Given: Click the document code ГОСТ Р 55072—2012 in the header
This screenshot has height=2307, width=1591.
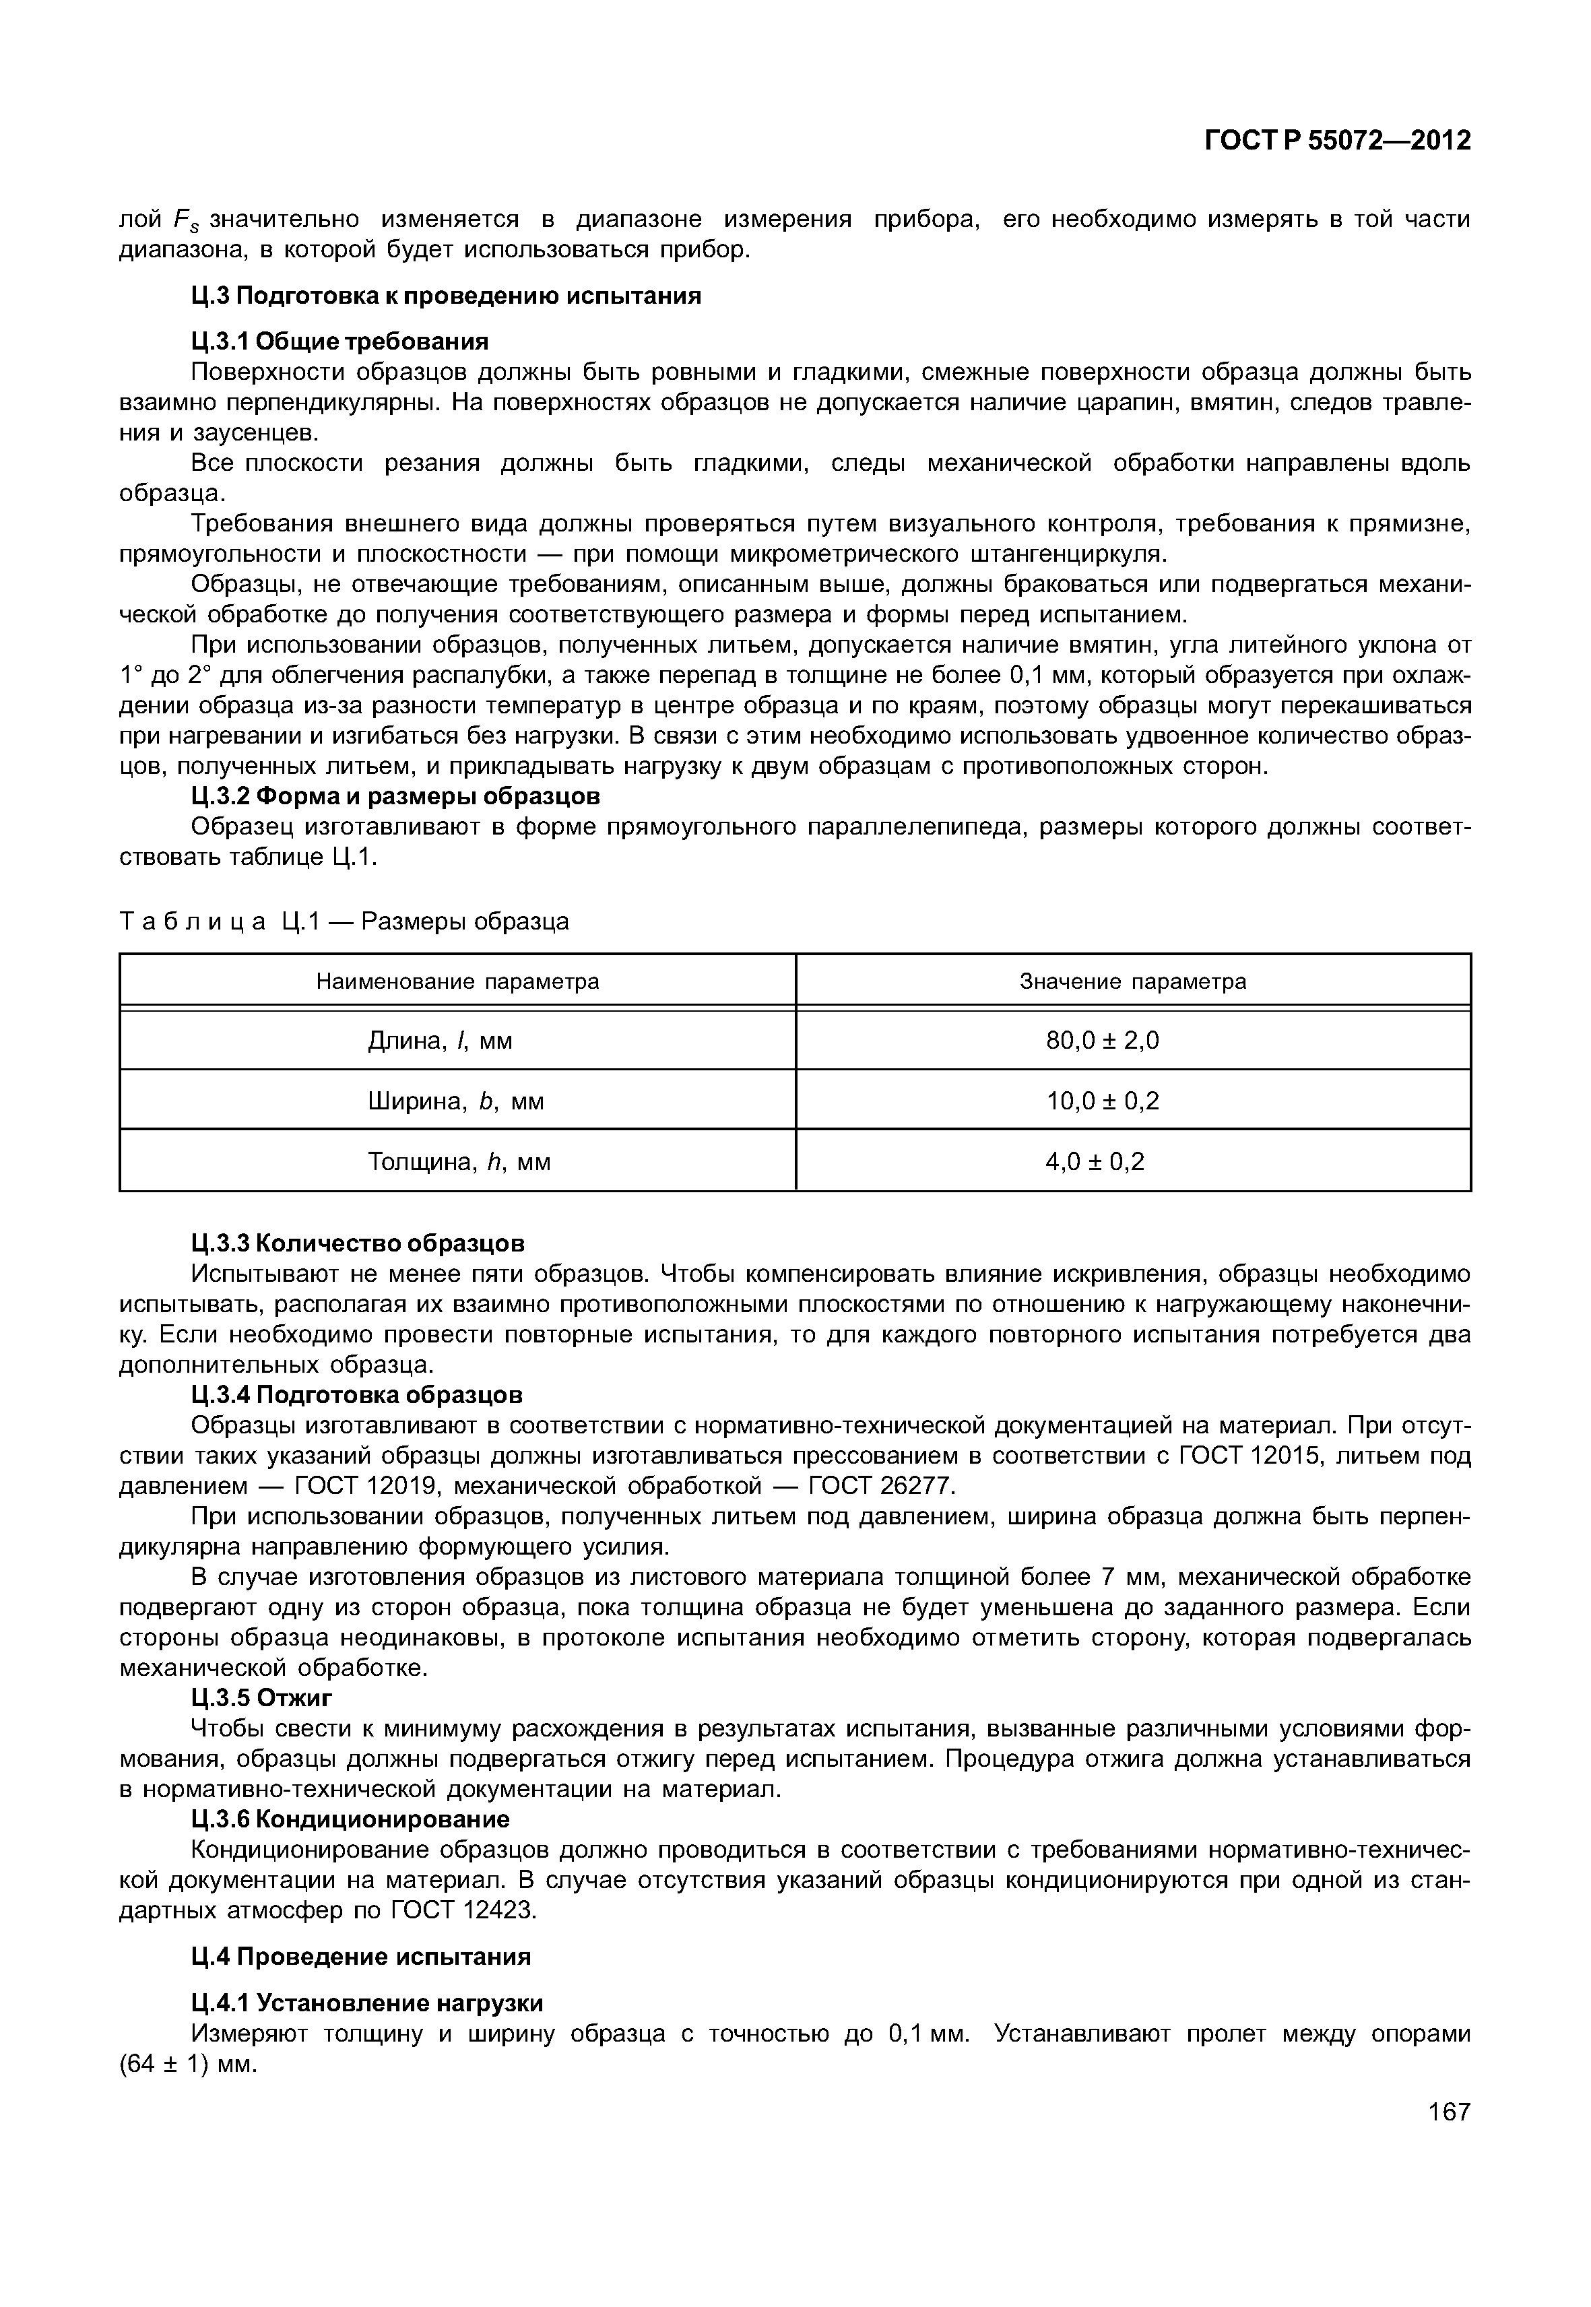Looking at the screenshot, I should (x=1337, y=141).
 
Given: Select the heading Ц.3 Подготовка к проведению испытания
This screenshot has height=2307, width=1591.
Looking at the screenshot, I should (x=446, y=296).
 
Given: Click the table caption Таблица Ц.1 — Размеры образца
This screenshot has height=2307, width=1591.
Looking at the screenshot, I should (x=344, y=921).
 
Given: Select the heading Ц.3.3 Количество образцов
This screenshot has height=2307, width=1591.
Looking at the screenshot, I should (x=357, y=1243).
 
